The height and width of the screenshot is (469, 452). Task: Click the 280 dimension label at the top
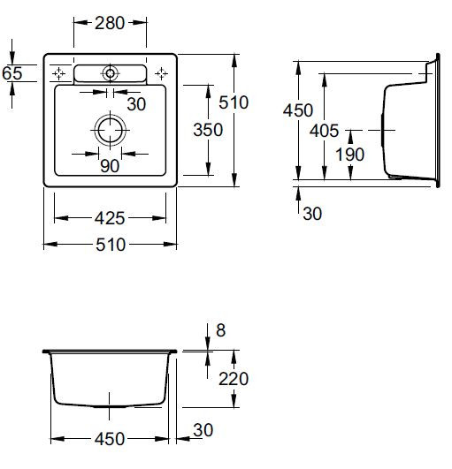pyautogui.click(x=110, y=23)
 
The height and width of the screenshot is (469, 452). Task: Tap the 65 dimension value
pyautogui.click(x=12, y=73)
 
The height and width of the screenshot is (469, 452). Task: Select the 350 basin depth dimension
pyautogui.click(x=208, y=130)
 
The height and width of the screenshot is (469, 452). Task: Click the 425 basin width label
pyautogui.click(x=110, y=218)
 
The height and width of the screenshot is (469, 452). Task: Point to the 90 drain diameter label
pyautogui.click(x=110, y=166)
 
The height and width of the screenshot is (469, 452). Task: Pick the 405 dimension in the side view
pyautogui.click(x=324, y=131)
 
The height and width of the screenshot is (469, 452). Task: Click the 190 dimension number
pyautogui.click(x=349, y=155)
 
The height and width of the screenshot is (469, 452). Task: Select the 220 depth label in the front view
pyautogui.click(x=234, y=379)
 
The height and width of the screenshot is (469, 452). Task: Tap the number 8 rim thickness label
pyautogui.click(x=221, y=330)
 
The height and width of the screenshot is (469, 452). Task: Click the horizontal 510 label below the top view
pyautogui.click(x=111, y=245)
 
